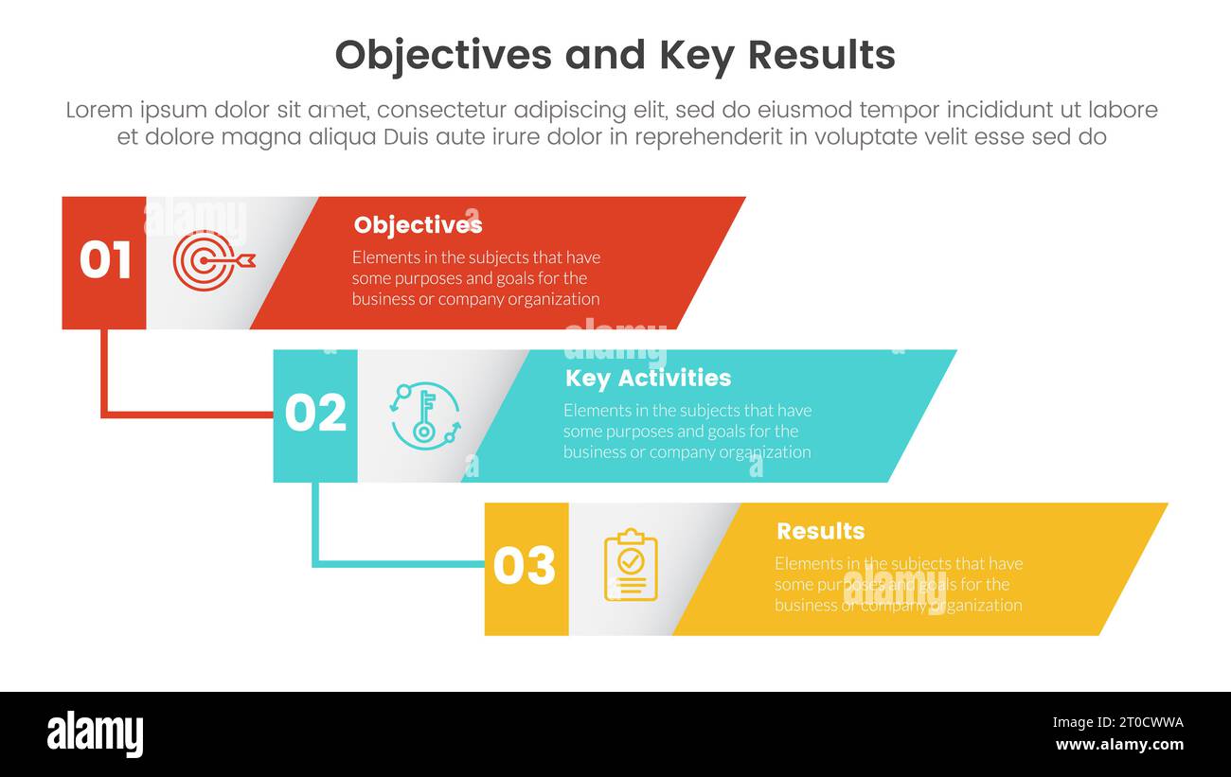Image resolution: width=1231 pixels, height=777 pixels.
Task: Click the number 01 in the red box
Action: (104, 260)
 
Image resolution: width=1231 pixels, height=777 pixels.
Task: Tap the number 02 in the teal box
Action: (315, 414)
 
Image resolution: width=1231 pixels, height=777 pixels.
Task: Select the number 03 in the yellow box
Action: (524, 566)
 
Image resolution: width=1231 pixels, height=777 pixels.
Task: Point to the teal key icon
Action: (425, 415)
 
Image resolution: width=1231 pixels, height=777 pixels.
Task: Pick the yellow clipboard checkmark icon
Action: (631, 565)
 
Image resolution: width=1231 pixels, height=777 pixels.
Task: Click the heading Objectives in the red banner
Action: (418, 225)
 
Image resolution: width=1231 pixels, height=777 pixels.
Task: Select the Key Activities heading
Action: (648, 379)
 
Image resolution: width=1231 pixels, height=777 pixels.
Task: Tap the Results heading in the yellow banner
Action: (820, 531)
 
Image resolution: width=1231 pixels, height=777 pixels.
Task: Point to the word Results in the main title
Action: (821, 56)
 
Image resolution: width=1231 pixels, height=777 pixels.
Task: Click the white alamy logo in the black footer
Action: (96, 734)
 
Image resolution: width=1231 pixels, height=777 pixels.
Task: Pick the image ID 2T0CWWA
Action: (1117, 722)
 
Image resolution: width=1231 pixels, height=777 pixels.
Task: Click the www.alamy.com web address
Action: (1118, 745)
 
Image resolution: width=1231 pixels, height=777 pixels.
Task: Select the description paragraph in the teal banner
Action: (687, 432)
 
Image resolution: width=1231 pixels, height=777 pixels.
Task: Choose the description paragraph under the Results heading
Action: (898, 584)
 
